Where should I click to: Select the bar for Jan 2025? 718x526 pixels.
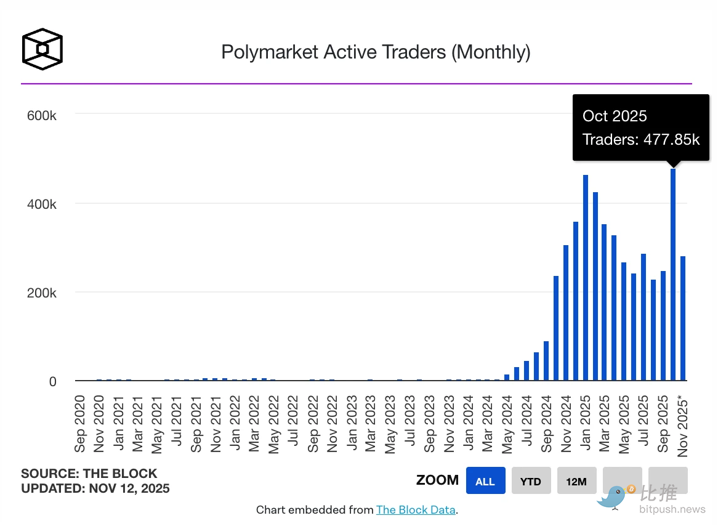point(586,278)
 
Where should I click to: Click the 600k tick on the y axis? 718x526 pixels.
point(42,115)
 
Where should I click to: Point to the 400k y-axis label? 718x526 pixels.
point(42,204)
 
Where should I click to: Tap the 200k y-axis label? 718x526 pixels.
point(42,293)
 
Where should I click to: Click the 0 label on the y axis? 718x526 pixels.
point(53,381)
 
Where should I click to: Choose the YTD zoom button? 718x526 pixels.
point(531,481)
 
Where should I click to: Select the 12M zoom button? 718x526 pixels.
point(576,481)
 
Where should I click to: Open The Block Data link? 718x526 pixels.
point(416,509)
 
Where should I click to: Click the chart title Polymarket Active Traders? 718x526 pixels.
point(376,52)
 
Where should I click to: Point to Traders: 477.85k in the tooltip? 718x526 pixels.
point(641,139)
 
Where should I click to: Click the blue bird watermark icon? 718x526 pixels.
point(613,496)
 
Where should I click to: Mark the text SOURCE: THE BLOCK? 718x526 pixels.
point(89,474)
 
